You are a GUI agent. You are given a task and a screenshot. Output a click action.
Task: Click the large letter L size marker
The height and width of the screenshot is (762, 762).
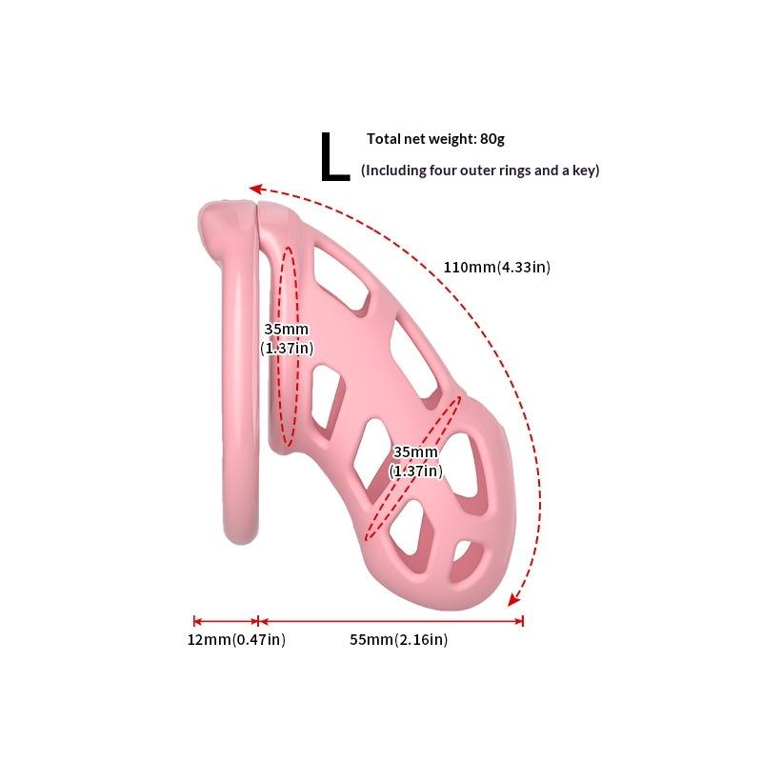(335, 157)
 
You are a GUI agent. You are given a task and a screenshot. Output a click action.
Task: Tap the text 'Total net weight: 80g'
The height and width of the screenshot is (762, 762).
(435, 139)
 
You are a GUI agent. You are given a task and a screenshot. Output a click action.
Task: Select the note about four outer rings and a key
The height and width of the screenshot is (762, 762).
(480, 170)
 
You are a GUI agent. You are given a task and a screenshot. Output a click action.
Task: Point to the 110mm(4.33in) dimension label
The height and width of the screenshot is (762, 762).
(496, 267)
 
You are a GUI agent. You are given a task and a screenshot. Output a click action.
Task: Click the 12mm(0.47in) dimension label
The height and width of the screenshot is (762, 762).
(236, 639)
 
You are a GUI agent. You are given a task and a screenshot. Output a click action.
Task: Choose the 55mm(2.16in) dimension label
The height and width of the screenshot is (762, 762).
(398, 639)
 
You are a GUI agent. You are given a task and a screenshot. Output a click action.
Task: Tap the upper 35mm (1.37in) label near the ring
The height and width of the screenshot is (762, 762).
(287, 338)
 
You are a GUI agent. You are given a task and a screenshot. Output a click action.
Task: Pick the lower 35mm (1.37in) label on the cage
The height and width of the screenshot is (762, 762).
(415, 461)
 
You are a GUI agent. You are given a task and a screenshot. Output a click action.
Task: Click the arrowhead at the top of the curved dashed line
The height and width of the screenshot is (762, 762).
(255, 189)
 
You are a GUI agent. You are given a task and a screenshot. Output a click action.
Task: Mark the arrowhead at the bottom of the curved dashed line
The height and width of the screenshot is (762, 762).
(513, 600)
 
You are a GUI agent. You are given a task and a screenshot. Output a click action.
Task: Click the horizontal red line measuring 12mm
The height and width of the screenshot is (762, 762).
(226, 621)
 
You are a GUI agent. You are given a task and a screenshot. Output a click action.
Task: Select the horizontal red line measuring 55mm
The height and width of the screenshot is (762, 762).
(391, 621)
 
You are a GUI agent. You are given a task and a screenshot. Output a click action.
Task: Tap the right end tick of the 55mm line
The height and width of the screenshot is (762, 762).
(522, 621)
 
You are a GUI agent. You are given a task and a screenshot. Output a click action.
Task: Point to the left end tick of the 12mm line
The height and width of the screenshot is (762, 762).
(194, 621)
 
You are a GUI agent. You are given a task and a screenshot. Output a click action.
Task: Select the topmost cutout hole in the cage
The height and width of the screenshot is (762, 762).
(340, 277)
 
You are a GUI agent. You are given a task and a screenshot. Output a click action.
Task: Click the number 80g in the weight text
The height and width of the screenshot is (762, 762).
(492, 139)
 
